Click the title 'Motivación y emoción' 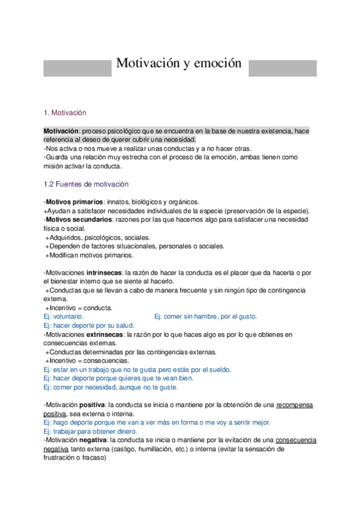[x=178, y=63]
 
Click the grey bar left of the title [x=77, y=67]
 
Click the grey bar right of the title [x=282, y=67]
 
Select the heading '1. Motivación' [x=66, y=112]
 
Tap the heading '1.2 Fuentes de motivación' [x=86, y=184]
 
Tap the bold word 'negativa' [x=93, y=440]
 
